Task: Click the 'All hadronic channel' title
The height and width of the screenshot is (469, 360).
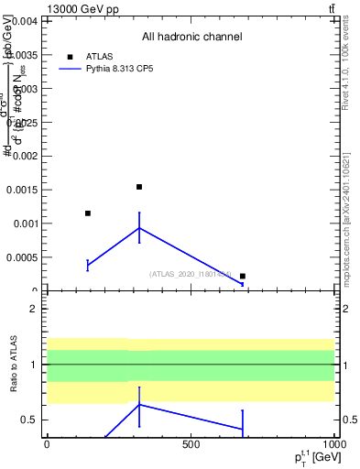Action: coord(191,37)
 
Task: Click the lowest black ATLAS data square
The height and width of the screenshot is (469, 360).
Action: coord(243,276)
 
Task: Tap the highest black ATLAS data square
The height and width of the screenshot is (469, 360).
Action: coord(139,187)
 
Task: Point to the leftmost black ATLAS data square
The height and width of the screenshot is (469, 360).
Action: coord(87,213)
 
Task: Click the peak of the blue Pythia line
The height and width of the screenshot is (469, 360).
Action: coord(139,228)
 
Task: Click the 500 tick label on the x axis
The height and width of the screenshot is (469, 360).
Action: coord(191,444)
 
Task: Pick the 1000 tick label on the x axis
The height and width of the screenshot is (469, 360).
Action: coord(333,444)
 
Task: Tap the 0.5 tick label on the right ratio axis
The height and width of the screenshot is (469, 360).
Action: coord(349,420)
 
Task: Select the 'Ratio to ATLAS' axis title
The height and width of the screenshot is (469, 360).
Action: coord(14,364)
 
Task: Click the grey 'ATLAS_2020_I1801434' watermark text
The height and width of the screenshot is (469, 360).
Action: coord(191,274)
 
